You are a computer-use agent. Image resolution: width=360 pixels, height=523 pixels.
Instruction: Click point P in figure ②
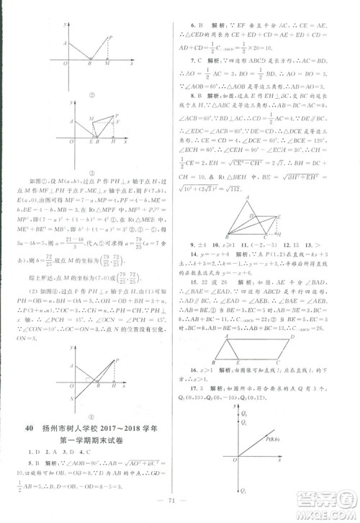coord(109,37)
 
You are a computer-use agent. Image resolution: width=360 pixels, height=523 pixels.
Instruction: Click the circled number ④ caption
coord(92,416)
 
